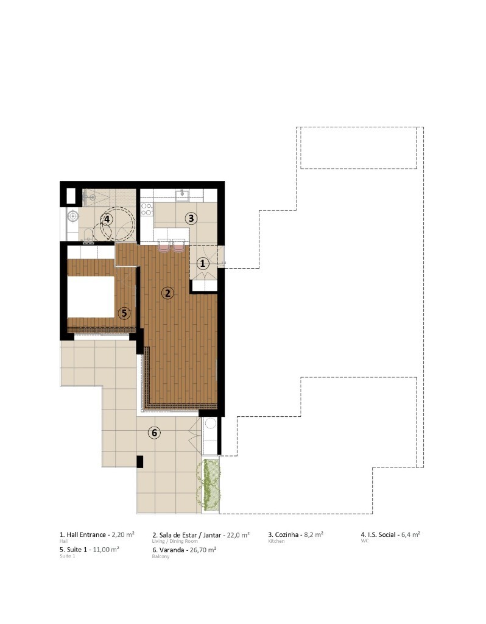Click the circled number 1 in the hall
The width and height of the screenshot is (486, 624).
tap(202, 263)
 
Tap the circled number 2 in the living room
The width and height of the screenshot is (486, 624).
tap(167, 293)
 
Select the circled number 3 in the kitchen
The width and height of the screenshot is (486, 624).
tap(191, 218)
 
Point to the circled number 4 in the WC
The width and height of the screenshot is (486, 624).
tap(107, 219)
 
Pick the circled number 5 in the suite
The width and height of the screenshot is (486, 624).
tap(124, 313)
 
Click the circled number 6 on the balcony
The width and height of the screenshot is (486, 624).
tap(154, 433)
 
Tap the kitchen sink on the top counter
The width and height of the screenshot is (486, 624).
tap(183, 194)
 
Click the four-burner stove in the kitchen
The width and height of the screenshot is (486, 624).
tap(147, 209)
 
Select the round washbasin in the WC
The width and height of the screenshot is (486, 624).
tap(73, 216)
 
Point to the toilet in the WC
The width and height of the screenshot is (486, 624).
tap(88, 239)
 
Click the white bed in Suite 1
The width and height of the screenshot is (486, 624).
tap(91, 297)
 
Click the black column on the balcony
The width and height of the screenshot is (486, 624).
tap(139, 462)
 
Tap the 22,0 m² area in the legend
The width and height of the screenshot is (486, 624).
tap(238, 535)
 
